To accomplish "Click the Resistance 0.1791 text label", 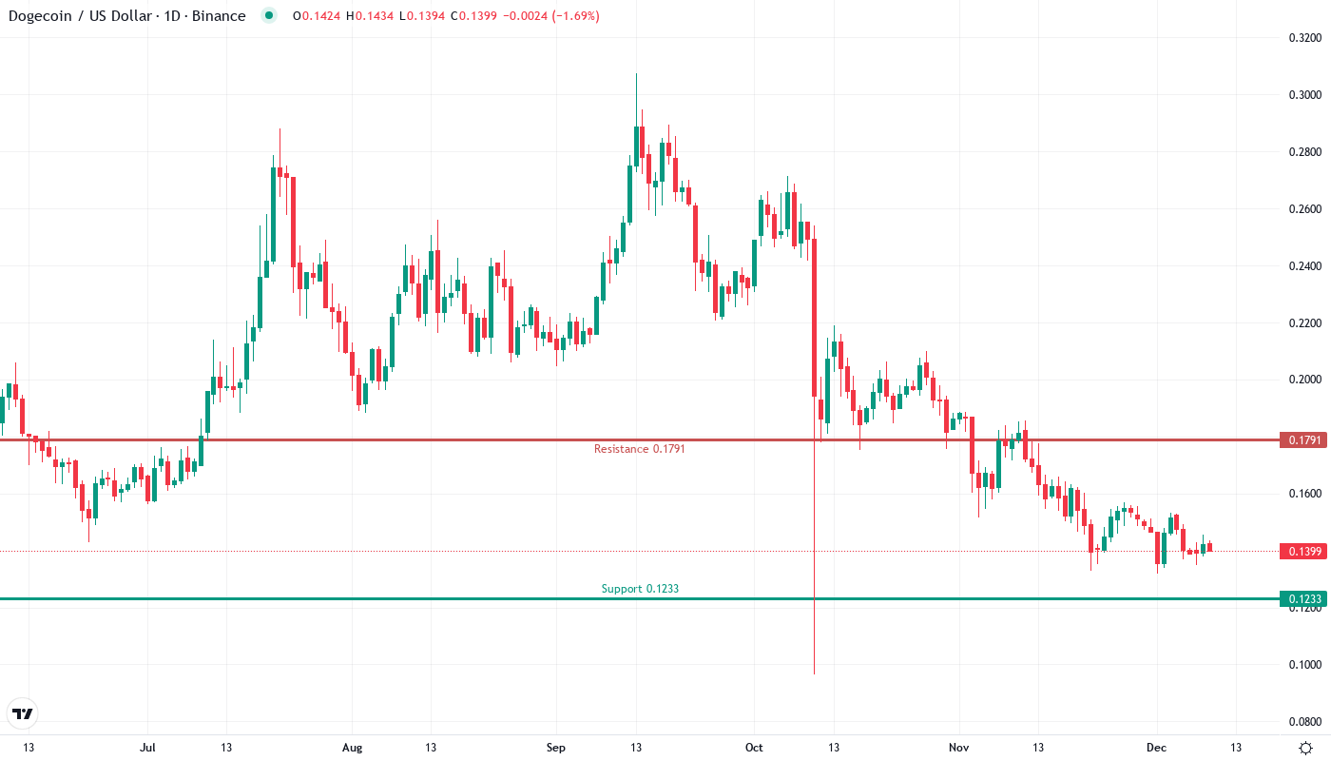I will pos(639,449).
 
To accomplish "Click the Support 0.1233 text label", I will pos(640,589).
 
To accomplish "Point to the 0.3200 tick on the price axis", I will pos(1303,38).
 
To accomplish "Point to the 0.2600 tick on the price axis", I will pos(1303,208).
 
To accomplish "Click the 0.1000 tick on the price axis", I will pos(1303,664).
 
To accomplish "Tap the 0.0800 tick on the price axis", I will pos(1303,721).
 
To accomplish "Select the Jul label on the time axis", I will pos(147,748).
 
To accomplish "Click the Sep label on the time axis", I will pos(556,748).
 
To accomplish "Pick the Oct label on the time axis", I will pos(754,748).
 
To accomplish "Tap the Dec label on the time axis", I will pos(1156,748).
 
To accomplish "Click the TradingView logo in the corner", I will pos(22,712).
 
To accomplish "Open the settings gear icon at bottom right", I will pos(1305,748).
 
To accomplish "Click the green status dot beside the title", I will pos(269,15).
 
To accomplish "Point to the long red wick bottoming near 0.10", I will pos(815,628).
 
